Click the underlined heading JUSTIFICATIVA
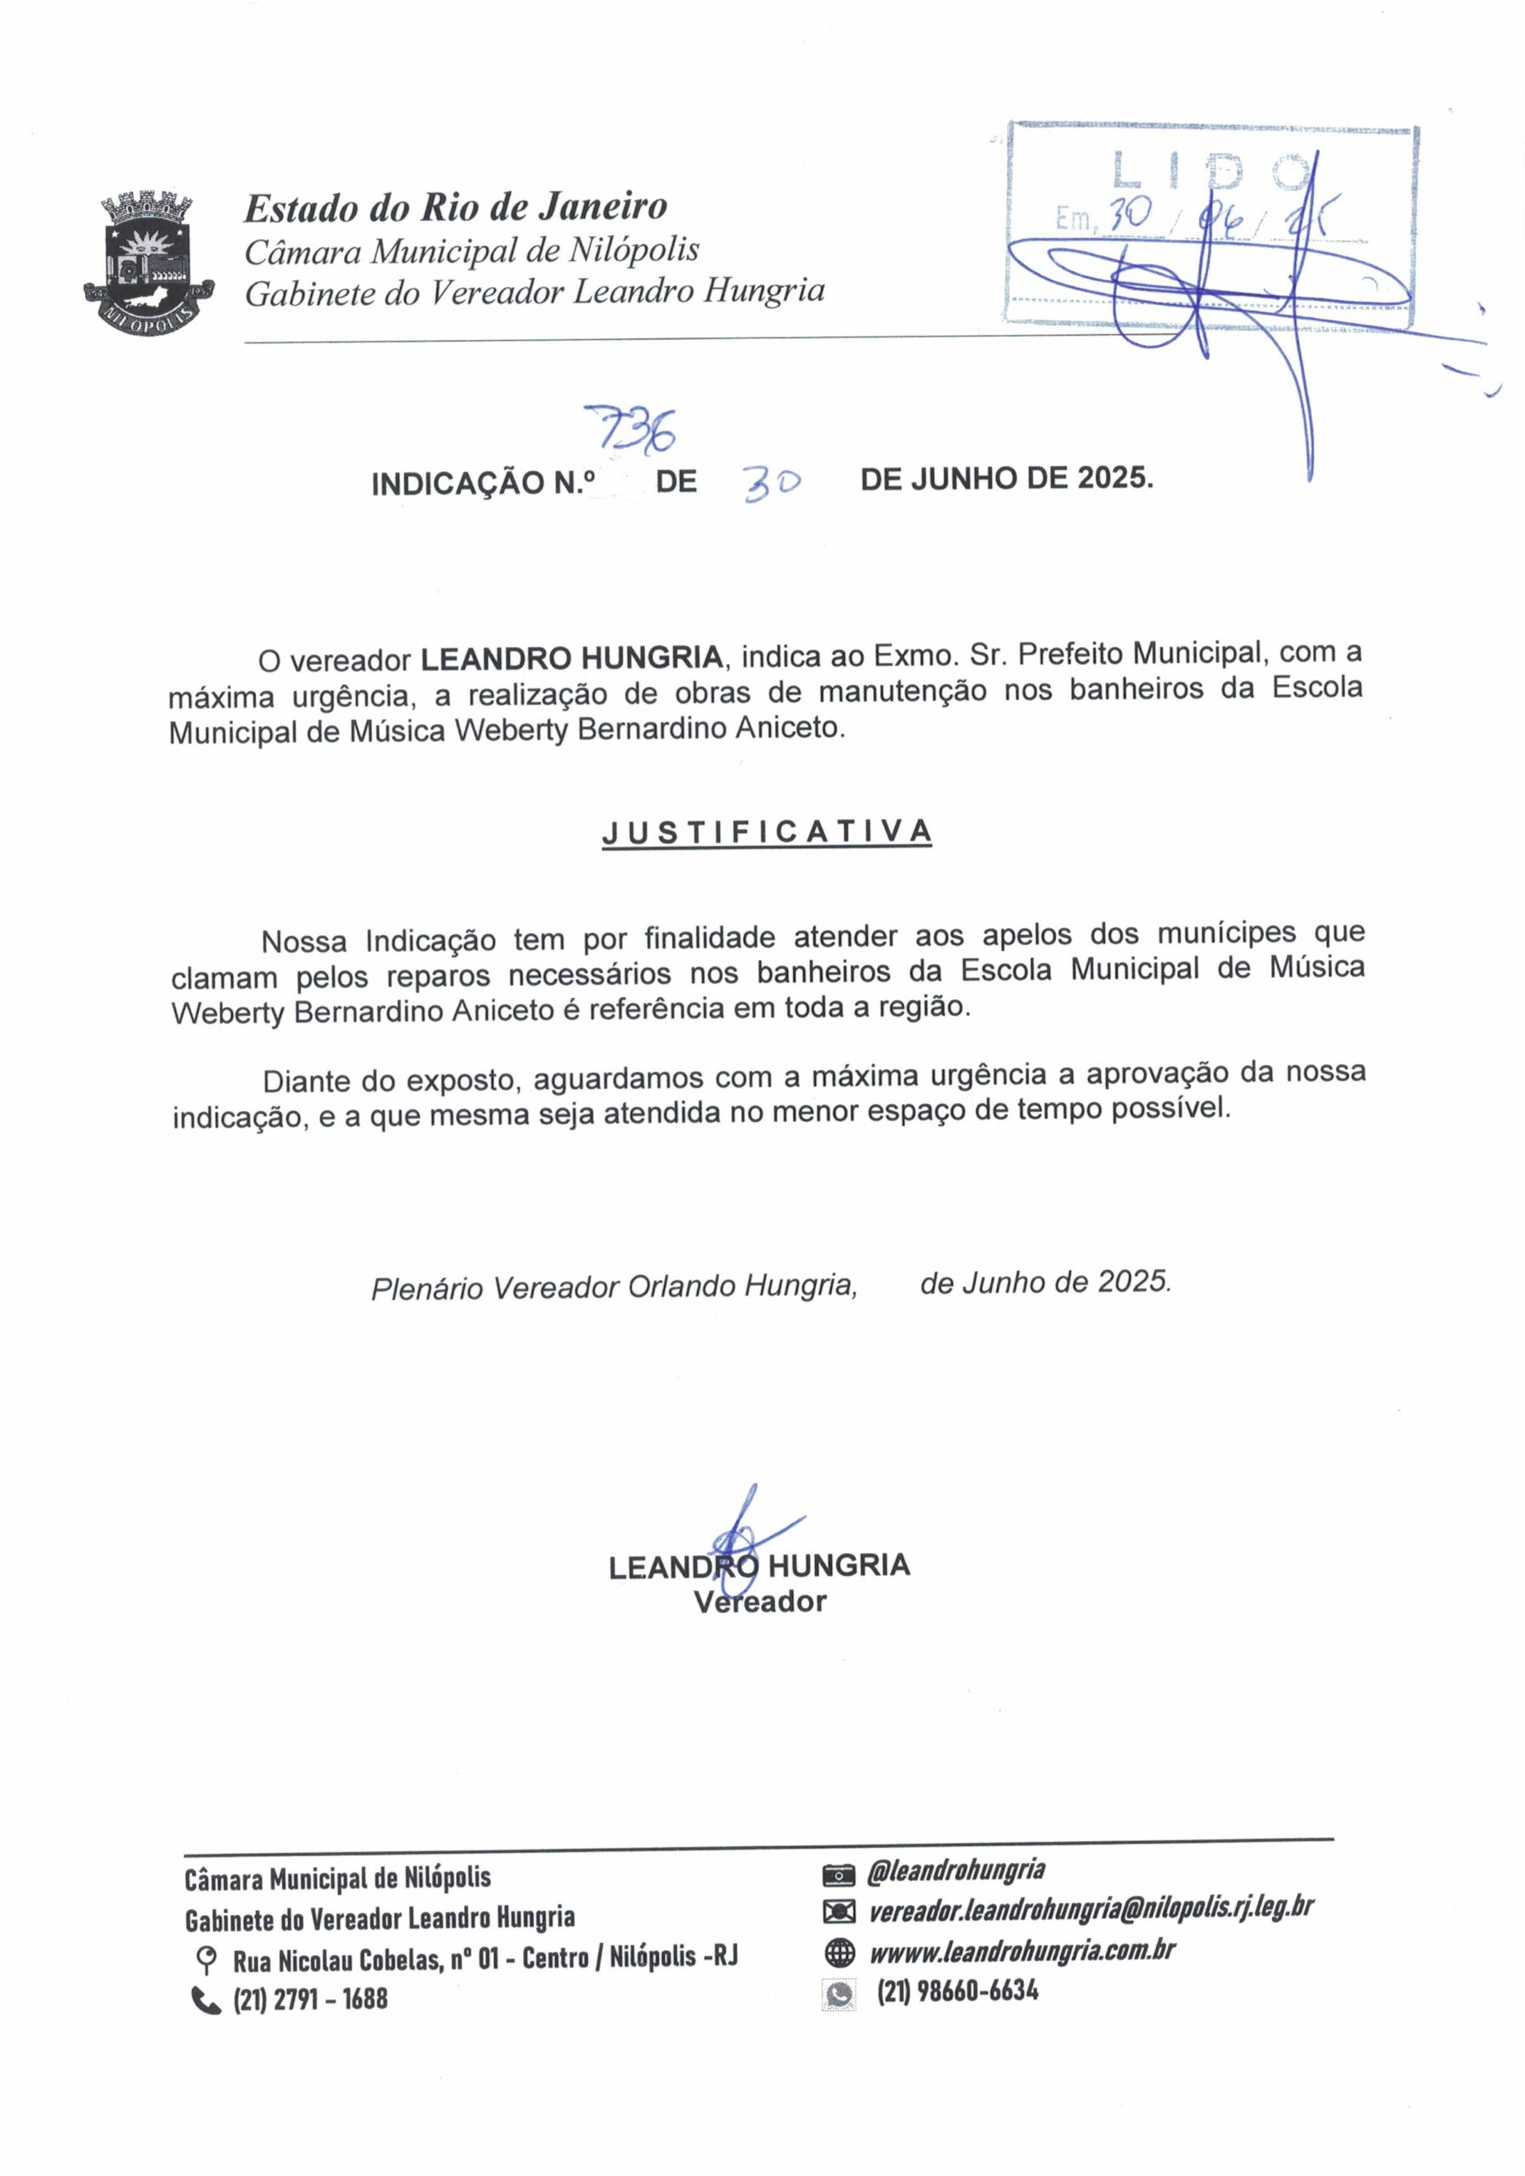(766, 832)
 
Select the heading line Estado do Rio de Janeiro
(456, 207)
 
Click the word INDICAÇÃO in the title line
(462, 484)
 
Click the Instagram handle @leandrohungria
(955, 1870)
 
